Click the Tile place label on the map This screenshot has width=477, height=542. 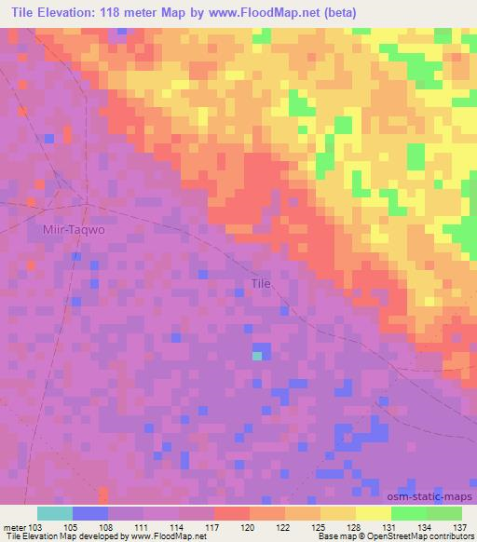click(262, 284)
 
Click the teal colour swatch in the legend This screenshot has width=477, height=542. click(55, 514)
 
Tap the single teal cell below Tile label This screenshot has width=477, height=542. click(256, 355)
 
